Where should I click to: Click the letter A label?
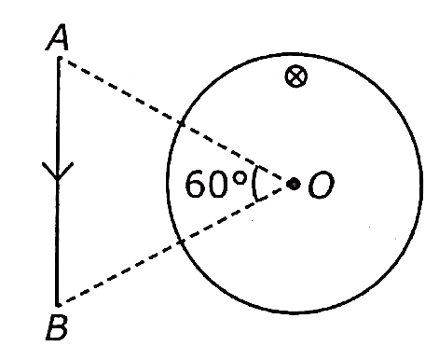point(58,37)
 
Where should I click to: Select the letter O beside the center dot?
point(321,186)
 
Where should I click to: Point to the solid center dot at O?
point(294,184)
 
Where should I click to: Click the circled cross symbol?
point(296,76)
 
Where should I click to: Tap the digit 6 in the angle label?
point(196,184)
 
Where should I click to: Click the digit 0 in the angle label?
point(218,184)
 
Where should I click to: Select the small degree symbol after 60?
point(240,179)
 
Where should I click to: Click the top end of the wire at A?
point(60,58)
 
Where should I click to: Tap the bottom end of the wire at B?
point(57,304)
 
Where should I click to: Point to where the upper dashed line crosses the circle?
point(181,124)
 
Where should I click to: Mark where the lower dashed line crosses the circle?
point(180,242)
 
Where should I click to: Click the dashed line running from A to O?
point(174,120)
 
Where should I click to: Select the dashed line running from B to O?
point(174,244)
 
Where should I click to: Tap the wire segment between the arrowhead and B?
point(57,242)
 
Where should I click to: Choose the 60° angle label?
point(216,184)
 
